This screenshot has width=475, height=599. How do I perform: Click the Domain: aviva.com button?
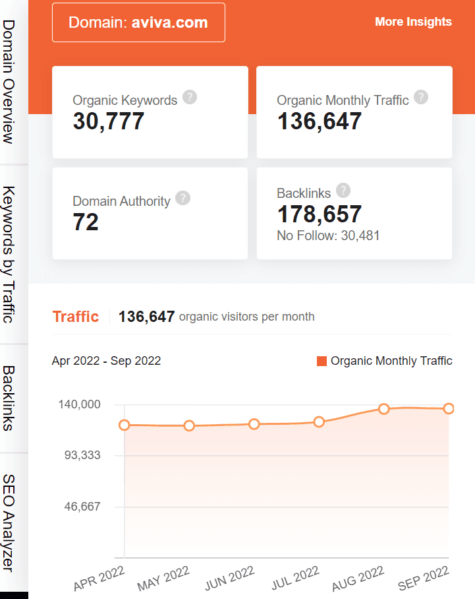pos(138,22)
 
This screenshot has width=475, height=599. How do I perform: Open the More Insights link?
pos(413,22)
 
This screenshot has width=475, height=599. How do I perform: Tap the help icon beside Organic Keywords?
pos(190,98)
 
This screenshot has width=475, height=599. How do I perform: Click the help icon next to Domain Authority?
pos(183,198)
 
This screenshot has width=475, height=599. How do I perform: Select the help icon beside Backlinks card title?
pos(343,191)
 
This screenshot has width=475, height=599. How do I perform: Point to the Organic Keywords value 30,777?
pos(108,121)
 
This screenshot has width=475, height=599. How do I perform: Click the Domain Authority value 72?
pos(86,222)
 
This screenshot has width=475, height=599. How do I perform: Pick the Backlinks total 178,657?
pos(320,214)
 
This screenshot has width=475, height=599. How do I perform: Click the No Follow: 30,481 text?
pos(328,236)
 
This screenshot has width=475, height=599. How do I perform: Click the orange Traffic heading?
pos(75,317)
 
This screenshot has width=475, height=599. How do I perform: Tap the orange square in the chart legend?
pos(322,361)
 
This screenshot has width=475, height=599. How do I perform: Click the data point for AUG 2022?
pos(384,409)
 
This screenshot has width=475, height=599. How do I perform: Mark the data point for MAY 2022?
pos(189,426)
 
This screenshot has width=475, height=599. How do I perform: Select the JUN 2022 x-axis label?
pos(229,578)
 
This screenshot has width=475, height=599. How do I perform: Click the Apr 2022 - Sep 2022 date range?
pos(106,361)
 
